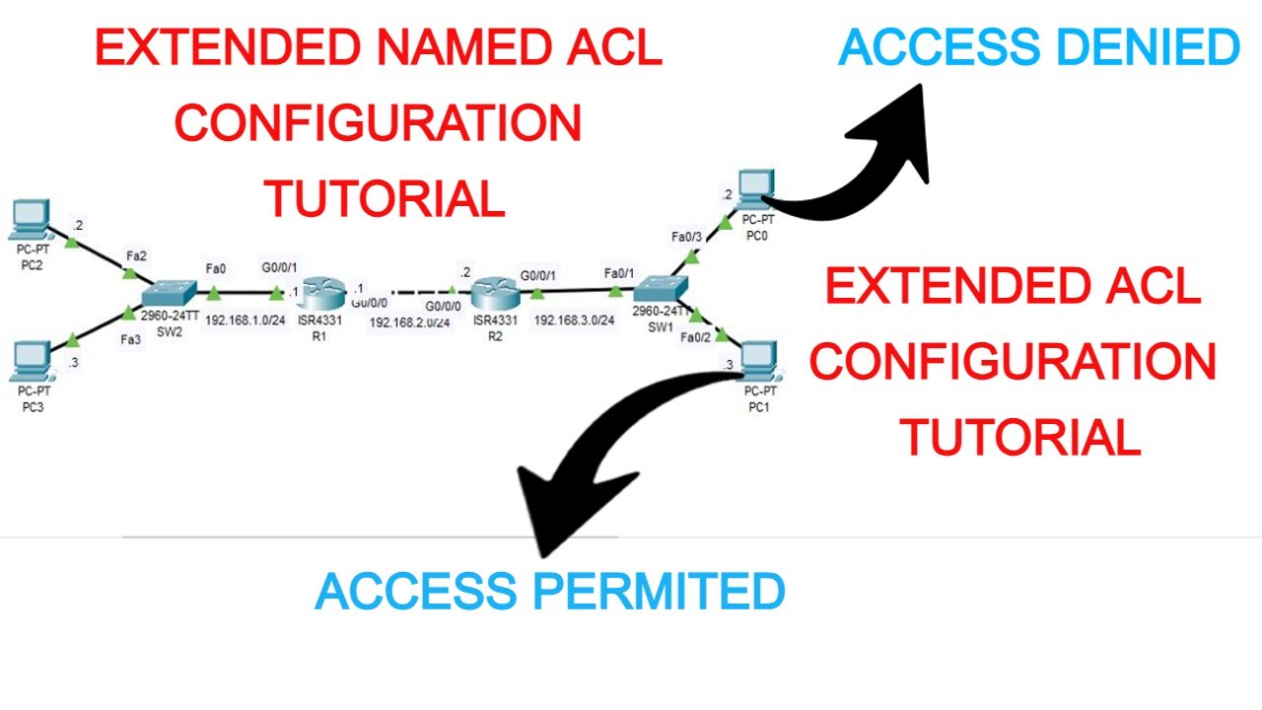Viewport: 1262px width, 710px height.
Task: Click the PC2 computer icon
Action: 30,217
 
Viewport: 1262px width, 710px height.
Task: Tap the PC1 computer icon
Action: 757,361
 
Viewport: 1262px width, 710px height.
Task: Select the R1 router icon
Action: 322,292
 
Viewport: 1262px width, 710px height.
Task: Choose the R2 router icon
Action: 493,292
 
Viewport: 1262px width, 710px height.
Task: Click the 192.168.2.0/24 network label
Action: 410,321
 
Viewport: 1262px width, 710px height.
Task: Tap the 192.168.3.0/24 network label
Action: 575,320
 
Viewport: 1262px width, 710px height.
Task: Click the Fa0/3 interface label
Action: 686,237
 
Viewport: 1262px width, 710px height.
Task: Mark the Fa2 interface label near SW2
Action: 136,256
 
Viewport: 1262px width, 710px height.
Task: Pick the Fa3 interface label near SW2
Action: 130,338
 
